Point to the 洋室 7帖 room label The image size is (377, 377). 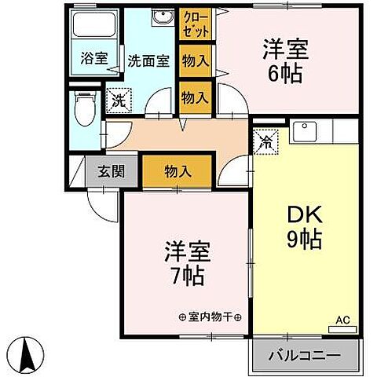[185, 263]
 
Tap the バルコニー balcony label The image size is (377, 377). [307, 354]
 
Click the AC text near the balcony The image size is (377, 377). [342, 319]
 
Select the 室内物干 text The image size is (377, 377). [210, 317]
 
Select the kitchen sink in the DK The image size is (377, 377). [303, 132]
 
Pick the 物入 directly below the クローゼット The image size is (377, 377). [195, 60]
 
